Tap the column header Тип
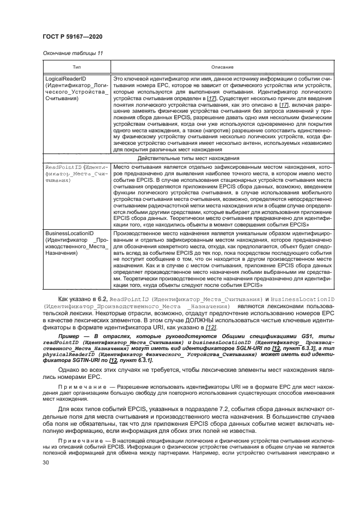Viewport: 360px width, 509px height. click(x=77, y=67)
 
